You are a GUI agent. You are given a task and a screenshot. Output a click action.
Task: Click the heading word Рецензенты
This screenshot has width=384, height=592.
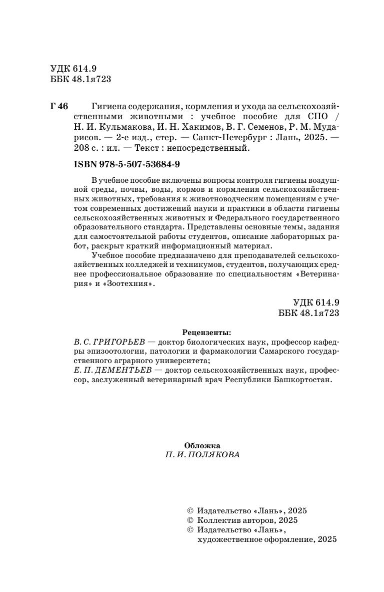pos(206,332)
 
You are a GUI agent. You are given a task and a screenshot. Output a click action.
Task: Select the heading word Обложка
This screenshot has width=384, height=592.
pos(202,445)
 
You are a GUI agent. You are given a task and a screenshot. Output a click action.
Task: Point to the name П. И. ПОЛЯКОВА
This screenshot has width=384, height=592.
pos(202,455)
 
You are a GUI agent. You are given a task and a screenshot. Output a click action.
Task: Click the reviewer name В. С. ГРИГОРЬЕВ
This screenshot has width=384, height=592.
pos(108,342)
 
